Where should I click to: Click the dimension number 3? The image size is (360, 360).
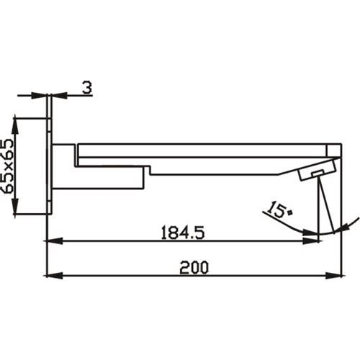pyautogui.click(x=86, y=89)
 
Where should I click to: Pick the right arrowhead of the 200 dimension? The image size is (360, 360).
pyautogui.click(x=336, y=274)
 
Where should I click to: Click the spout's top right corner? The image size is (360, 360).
pyautogui.click(x=339, y=143)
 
